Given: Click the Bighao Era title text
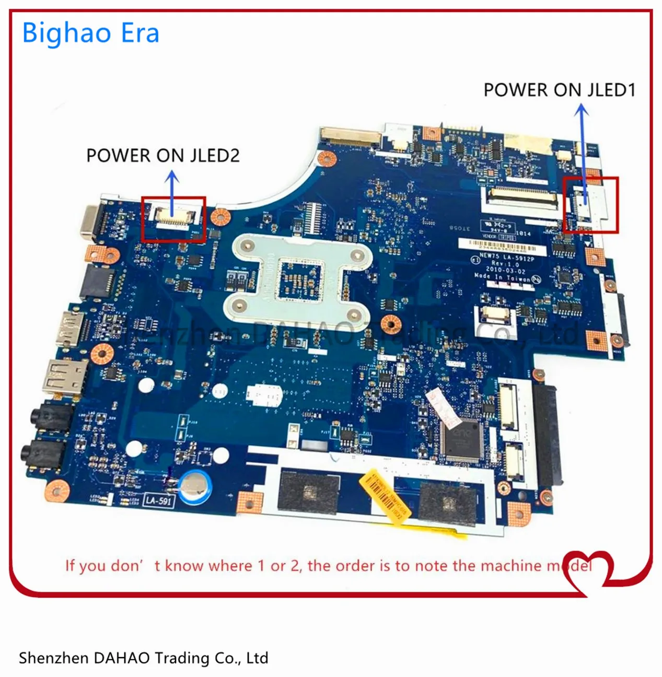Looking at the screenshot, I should click(90, 33).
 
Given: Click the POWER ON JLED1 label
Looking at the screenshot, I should click(559, 90).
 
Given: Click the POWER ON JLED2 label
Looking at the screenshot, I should click(162, 156).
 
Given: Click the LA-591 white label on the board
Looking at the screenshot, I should click(158, 500).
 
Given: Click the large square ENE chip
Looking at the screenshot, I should click(461, 440).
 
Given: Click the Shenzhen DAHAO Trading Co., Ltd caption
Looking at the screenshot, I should click(143, 658).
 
